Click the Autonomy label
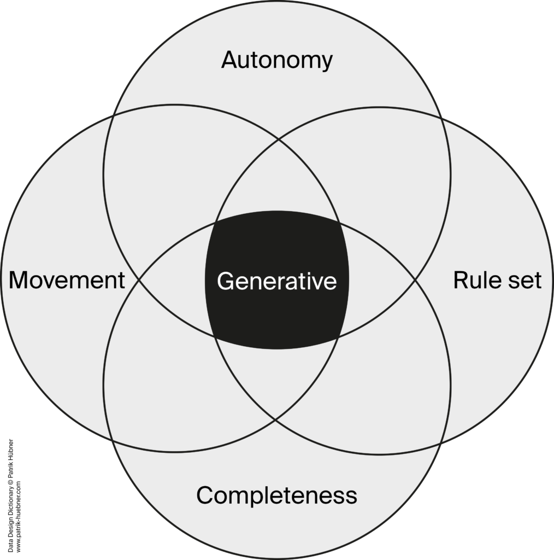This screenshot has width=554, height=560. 276,60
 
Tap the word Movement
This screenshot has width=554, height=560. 67,280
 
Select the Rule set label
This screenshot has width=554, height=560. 497,280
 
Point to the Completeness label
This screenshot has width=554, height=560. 276,495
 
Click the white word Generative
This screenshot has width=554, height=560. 276,281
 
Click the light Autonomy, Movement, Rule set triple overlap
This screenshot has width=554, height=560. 276,180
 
